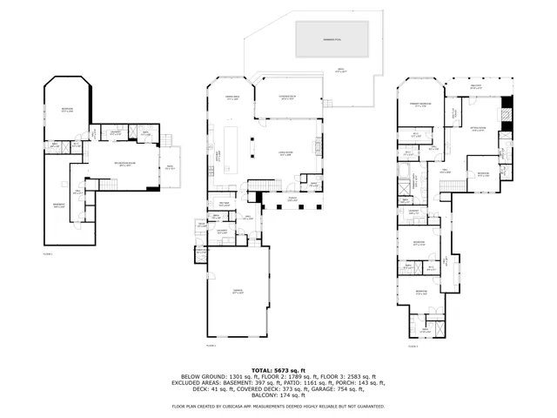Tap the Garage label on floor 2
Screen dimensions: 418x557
238,292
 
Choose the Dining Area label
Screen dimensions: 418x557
232,98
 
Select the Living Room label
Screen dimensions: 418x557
284,153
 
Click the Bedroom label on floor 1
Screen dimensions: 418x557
66,110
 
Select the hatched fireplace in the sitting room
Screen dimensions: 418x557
508,113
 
